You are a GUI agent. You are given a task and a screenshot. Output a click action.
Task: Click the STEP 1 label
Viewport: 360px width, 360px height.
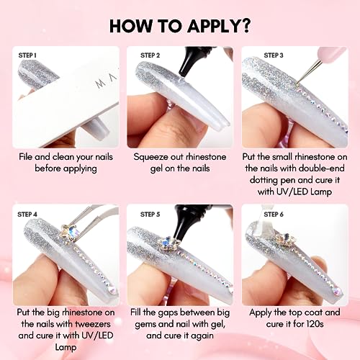pos(27,55)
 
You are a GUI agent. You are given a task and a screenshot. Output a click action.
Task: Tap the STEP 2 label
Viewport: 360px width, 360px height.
pos(150,55)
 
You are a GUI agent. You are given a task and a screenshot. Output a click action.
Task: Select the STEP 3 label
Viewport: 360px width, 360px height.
pos(274,55)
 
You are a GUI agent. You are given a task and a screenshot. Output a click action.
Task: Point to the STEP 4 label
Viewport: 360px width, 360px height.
pos(27,215)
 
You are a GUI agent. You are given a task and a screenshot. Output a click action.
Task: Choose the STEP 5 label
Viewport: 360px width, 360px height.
pos(150,215)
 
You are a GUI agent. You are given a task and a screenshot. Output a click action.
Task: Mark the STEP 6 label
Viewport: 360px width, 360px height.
pos(274,215)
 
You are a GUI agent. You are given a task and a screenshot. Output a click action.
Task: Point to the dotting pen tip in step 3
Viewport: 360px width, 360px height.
pos(297,84)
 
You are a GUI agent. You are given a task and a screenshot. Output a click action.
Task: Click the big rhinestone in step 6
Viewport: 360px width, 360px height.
pos(286,239)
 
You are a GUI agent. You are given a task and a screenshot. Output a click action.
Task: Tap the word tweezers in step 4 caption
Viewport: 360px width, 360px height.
pos(93,324)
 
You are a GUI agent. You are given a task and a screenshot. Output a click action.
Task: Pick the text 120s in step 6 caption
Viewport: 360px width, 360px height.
pos(315,324)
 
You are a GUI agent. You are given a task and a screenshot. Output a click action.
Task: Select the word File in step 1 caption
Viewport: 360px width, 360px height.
pos(25,157)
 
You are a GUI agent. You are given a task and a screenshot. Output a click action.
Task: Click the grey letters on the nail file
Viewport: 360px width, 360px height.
pos(107,81)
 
